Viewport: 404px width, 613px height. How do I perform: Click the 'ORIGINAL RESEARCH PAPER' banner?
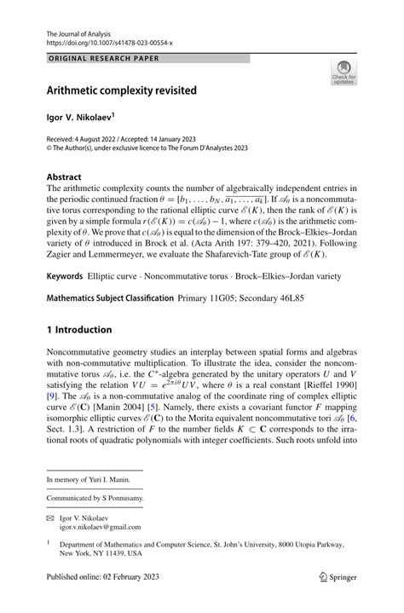pos(105,59)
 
